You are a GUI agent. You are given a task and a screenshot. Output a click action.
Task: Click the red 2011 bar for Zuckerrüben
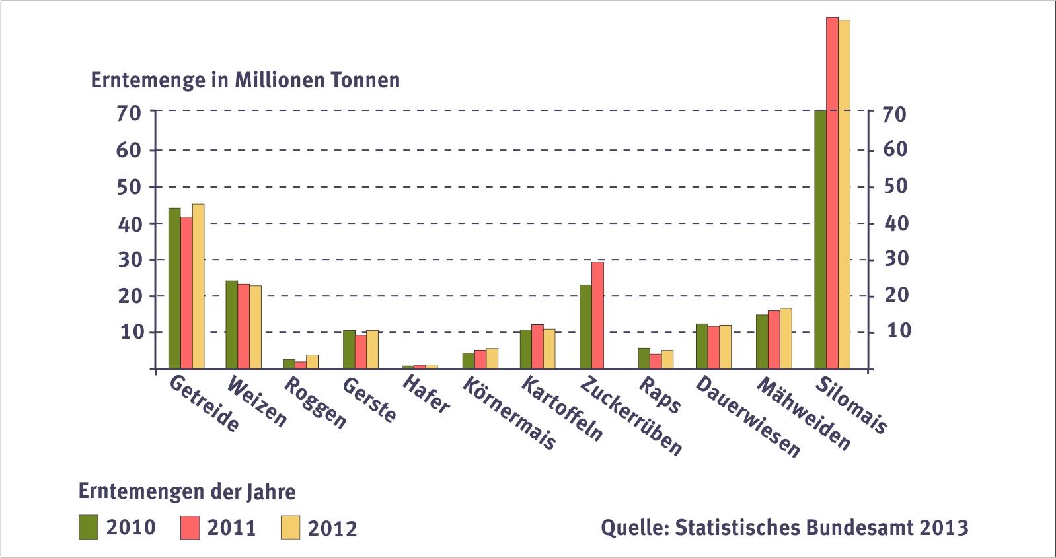597,315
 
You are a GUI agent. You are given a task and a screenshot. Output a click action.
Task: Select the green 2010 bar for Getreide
174,288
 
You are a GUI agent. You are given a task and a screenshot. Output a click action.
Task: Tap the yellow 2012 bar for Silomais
844,194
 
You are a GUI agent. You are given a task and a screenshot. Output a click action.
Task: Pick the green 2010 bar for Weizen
231,324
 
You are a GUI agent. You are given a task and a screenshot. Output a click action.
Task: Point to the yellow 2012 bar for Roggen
312,362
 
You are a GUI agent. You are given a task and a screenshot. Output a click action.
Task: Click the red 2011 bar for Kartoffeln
537,347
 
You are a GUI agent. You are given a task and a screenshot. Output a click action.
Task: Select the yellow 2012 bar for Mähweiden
786,338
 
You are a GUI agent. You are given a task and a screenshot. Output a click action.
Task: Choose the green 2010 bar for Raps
644,358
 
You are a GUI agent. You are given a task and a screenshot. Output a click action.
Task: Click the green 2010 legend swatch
89,527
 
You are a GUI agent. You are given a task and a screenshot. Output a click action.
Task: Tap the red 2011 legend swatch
190,527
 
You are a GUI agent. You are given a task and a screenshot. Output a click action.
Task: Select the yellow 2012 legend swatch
290,527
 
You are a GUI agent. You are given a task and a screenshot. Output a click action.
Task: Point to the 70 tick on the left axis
129,113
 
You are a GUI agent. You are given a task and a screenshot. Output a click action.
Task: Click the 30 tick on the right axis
896,259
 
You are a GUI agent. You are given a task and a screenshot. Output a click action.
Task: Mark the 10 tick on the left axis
132,331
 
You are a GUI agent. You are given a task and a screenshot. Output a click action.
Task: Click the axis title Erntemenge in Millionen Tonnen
245,80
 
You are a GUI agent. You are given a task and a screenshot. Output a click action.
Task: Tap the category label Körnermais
509,413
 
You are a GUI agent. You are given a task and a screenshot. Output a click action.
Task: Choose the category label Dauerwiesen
747,417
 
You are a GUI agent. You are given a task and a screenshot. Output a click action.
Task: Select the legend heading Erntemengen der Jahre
187,491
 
